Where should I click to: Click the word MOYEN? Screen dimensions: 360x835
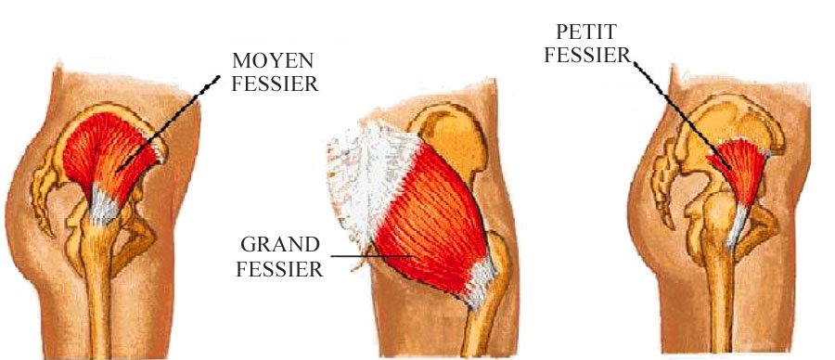[263, 63]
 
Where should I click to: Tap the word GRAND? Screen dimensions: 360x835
[279, 247]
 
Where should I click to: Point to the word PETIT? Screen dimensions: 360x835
[583, 32]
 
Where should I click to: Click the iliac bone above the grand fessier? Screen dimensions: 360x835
[455, 139]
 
